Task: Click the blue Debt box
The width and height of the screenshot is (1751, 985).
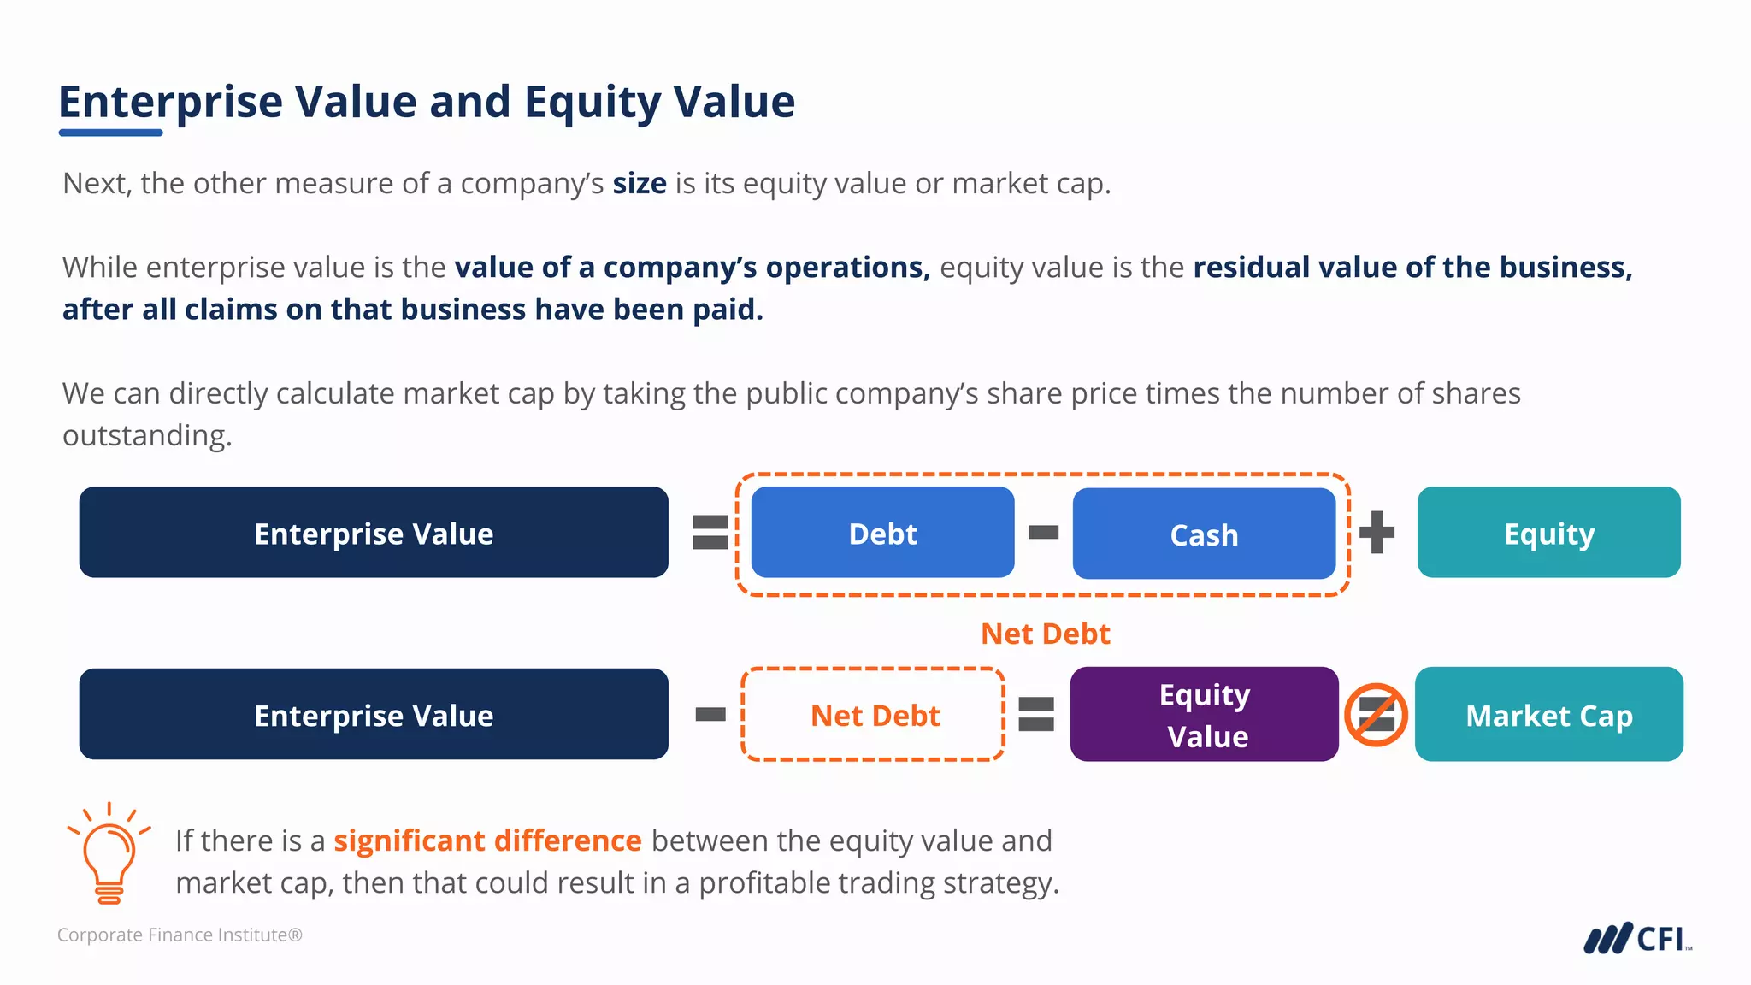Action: (x=882, y=533)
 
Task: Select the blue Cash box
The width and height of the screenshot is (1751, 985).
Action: (x=1204, y=534)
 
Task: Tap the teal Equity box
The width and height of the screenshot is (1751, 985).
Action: (x=1548, y=533)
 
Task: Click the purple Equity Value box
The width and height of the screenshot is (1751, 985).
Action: (x=1204, y=714)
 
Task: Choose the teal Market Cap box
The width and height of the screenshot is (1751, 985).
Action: (x=1548, y=714)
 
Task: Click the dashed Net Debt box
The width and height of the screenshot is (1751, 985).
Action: (x=873, y=714)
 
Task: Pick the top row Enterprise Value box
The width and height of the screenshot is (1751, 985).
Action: (x=374, y=533)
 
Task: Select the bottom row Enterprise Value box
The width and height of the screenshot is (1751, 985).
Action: (x=374, y=714)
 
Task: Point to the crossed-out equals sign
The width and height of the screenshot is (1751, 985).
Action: (x=1376, y=714)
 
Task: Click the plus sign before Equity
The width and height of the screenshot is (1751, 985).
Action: (x=1377, y=533)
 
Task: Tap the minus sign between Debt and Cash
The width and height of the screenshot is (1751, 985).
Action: (x=1043, y=533)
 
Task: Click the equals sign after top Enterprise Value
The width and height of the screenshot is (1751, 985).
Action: (x=710, y=532)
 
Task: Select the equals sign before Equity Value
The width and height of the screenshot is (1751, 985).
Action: (x=1036, y=714)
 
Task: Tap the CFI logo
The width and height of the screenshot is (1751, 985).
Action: (x=1636, y=938)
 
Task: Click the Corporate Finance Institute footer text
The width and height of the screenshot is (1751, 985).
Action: (x=180, y=935)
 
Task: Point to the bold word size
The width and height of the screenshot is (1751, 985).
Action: (x=639, y=183)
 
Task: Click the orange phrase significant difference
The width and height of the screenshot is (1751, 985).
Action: (x=487, y=840)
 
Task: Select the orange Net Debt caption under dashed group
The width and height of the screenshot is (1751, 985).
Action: (x=1045, y=634)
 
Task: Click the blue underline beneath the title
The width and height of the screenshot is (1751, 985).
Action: (x=110, y=133)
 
